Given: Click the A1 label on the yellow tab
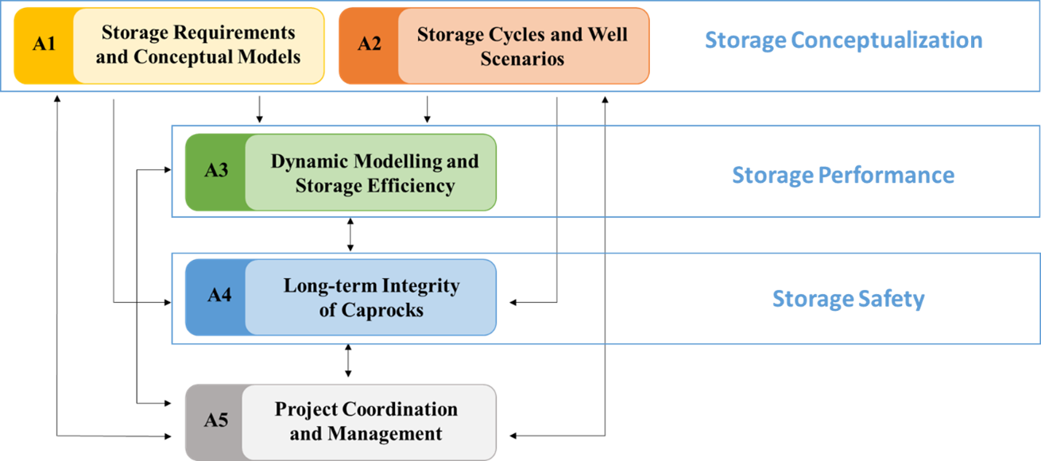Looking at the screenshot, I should coord(44,44).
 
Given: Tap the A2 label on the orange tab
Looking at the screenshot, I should coord(369,44).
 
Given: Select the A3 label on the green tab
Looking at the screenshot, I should coord(216,171).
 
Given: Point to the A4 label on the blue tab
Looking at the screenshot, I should coord(219,296).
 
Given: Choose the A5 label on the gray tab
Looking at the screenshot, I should coord(216,420).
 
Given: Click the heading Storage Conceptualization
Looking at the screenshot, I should coord(843,41).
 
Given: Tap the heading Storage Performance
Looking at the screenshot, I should coord(842,175).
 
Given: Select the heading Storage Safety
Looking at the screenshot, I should coord(848,299).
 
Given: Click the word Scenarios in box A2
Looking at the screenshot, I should coord(522,59).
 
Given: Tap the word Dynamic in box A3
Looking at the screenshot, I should coord(311,161).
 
